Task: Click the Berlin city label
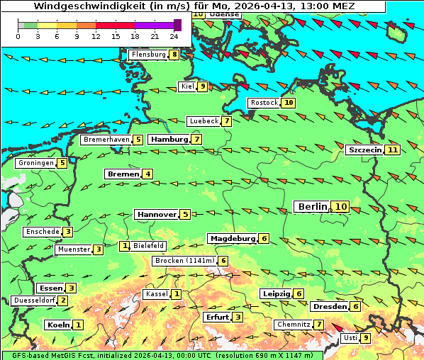point(312,206)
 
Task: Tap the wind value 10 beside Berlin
point(341,206)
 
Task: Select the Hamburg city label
point(168,140)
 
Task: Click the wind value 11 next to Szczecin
point(392,150)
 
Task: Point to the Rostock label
point(264,103)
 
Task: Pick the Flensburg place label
point(147,55)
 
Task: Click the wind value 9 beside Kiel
point(202,86)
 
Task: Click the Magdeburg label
point(232,238)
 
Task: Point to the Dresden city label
point(329,306)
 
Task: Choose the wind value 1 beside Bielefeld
point(125,246)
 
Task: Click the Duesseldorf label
point(34,300)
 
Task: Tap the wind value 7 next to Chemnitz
point(320,325)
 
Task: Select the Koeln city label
point(58,325)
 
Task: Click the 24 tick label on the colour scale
point(174,36)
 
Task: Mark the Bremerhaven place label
point(106,140)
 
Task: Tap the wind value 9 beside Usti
point(366,338)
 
